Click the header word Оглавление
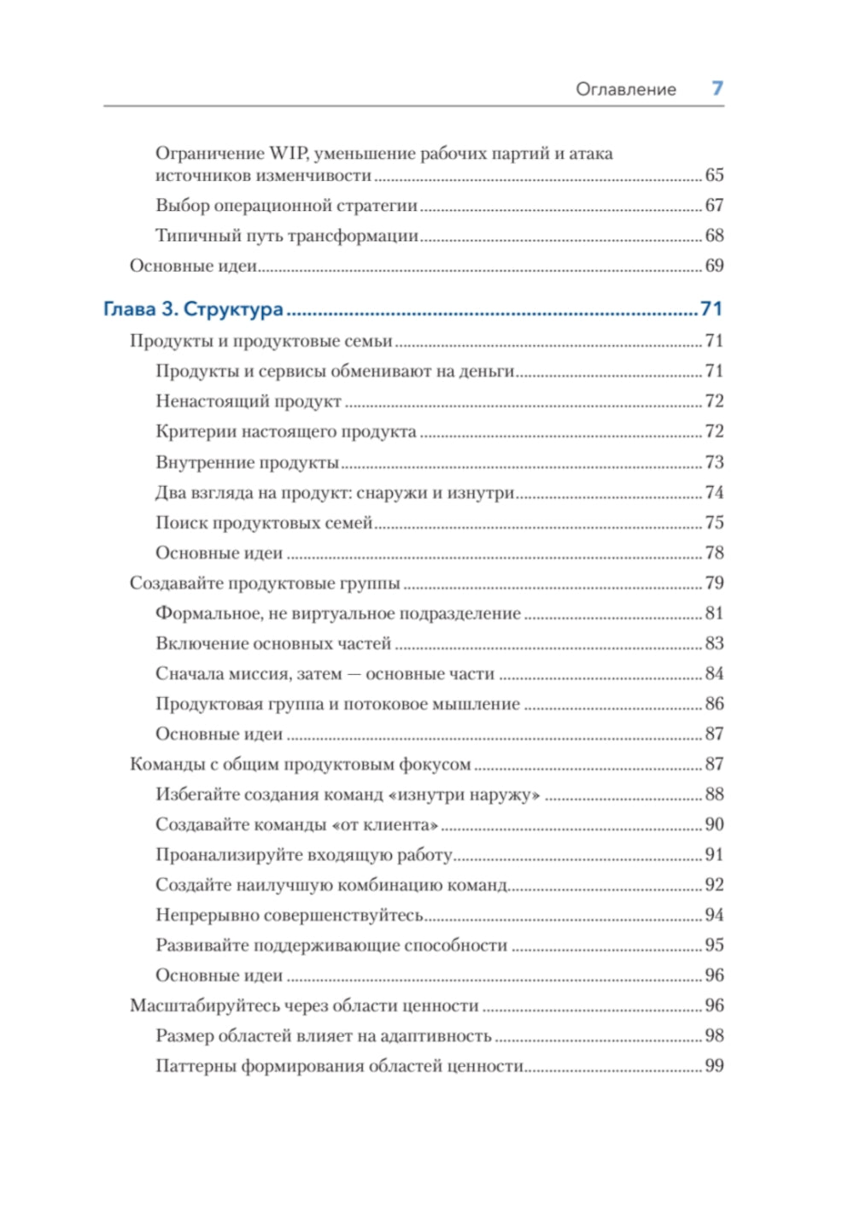[625, 90]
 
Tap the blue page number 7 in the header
[717, 88]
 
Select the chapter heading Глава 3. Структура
[193, 309]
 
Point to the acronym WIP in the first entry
[288, 154]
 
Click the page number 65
[714, 175]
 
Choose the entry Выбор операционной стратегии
[286, 206]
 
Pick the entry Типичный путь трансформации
[287, 236]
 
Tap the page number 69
[714, 266]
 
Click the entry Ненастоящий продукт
[249, 401]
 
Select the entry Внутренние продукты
[247, 462]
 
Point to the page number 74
[714, 493]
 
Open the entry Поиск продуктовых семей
[264, 523]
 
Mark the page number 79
[714, 583]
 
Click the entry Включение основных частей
[273, 643]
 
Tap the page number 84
[714, 674]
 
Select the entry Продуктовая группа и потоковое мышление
[337, 704]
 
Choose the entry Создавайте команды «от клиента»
[296, 825]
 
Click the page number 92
[714, 885]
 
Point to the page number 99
[714, 1066]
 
